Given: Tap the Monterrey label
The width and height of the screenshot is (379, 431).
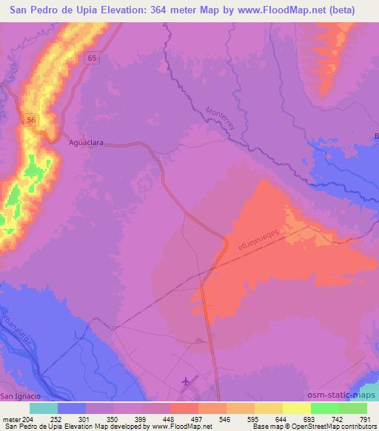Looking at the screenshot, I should (x=220, y=118).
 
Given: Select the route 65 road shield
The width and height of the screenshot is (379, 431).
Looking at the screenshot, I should (x=91, y=58).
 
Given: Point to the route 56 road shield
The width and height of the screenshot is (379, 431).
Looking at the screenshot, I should (x=30, y=118).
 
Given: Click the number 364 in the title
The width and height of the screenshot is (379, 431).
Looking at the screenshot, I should (x=161, y=10).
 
